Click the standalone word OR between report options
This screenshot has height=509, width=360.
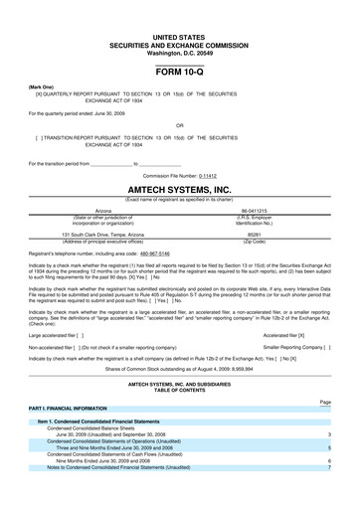(179, 125)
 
